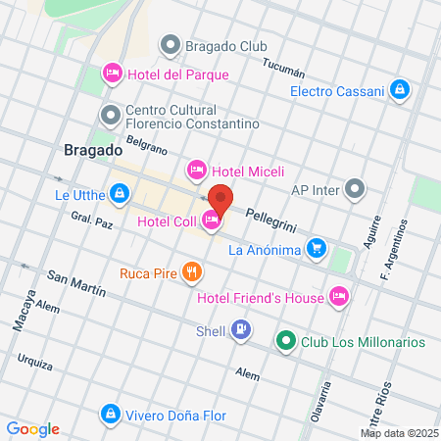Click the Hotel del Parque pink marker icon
(113, 73)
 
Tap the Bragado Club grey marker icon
(172, 44)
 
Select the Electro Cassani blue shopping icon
(399, 91)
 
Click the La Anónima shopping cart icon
(316, 249)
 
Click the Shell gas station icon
(241, 330)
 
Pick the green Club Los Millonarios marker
(286, 342)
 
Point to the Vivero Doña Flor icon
(113, 415)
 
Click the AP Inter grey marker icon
(355, 189)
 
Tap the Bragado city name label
(92, 151)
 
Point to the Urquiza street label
(34, 363)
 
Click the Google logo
(32, 428)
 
